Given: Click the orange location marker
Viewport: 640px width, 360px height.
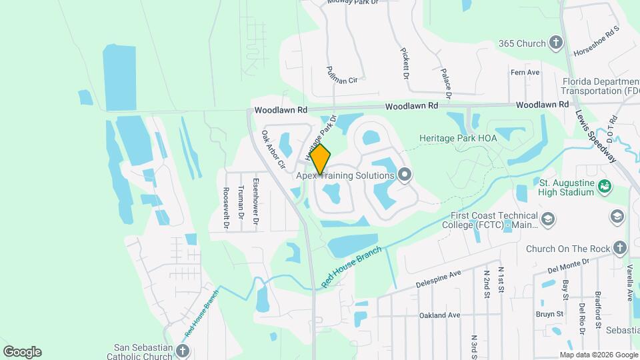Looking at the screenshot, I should point(321,159).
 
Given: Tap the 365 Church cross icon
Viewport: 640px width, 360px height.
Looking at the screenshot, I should point(556,44).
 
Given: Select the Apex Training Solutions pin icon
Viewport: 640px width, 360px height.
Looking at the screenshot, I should point(405,175).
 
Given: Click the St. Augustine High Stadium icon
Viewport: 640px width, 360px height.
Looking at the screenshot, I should point(605,185).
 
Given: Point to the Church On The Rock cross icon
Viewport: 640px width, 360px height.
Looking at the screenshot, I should point(620,249).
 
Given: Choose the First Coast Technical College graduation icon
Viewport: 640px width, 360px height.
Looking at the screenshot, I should point(547,219).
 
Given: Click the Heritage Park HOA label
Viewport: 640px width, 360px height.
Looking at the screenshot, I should point(459,138).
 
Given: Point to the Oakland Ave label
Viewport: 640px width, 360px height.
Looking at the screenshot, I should point(440,315).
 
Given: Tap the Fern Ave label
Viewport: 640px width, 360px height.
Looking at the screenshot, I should point(524,72).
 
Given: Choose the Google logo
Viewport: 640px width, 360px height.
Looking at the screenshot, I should point(22,351).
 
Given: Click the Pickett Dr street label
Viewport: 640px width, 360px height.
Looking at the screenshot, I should point(405,62).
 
